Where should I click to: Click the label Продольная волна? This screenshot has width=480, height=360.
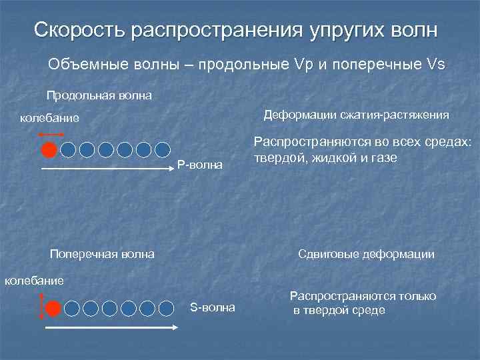click(x=99, y=95)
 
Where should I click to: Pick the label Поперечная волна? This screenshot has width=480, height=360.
click(x=103, y=253)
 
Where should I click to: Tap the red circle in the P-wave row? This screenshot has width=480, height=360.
click(x=49, y=149)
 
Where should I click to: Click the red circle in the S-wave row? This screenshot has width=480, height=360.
click(x=54, y=308)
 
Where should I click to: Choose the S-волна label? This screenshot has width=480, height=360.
click(x=213, y=307)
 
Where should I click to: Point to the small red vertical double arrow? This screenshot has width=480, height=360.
click(x=43, y=308)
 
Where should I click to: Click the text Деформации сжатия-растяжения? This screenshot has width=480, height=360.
click(x=357, y=115)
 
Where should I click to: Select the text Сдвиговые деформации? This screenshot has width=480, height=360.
click(x=366, y=254)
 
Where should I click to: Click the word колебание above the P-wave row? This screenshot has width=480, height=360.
click(x=49, y=119)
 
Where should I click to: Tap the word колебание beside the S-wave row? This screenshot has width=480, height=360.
click(x=35, y=280)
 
